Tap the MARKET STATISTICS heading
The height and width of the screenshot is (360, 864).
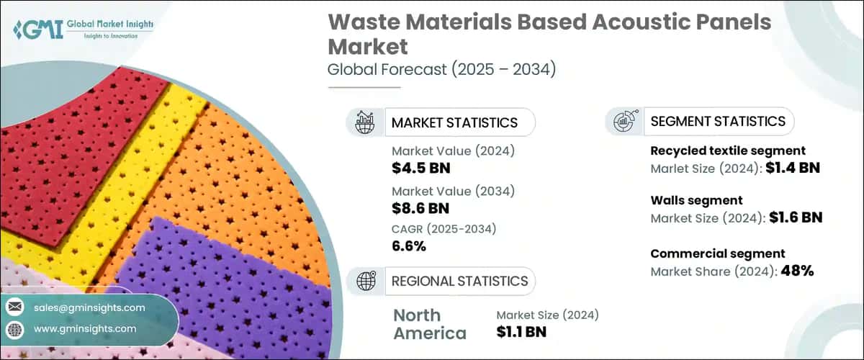454,122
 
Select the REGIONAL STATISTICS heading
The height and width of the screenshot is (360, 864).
459,280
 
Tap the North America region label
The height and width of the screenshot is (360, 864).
429,324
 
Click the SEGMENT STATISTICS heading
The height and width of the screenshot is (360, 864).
718,121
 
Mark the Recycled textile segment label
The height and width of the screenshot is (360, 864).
728,151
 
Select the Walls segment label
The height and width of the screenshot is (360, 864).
696,200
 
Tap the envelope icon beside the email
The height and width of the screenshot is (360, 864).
14,307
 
